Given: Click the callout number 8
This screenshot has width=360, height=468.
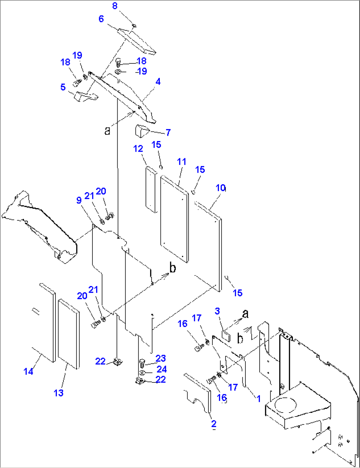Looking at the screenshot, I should [115, 6].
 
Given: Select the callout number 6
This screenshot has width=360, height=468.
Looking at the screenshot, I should [101, 19].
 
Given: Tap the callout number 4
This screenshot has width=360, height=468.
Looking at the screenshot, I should [158, 81].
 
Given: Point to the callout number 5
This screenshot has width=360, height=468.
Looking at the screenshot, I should [63, 87].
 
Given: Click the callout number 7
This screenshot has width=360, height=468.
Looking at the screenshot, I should [168, 132].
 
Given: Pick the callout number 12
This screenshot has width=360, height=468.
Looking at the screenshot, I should [138, 149].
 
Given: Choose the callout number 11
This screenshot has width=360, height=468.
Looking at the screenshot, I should [182, 162].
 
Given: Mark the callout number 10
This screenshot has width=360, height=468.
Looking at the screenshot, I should [221, 188].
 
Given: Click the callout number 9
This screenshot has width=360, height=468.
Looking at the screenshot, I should [79, 200].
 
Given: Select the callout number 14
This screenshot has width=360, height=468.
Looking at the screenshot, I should [28, 371].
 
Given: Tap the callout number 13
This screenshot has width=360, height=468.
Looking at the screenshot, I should [58, 393].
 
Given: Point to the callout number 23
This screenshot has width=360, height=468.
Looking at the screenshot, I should [161, 358].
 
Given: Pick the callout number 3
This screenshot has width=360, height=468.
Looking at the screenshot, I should [217, 311].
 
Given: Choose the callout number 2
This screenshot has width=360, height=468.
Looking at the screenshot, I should [214, 423].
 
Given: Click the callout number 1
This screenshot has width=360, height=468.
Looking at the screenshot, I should [259, 399].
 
